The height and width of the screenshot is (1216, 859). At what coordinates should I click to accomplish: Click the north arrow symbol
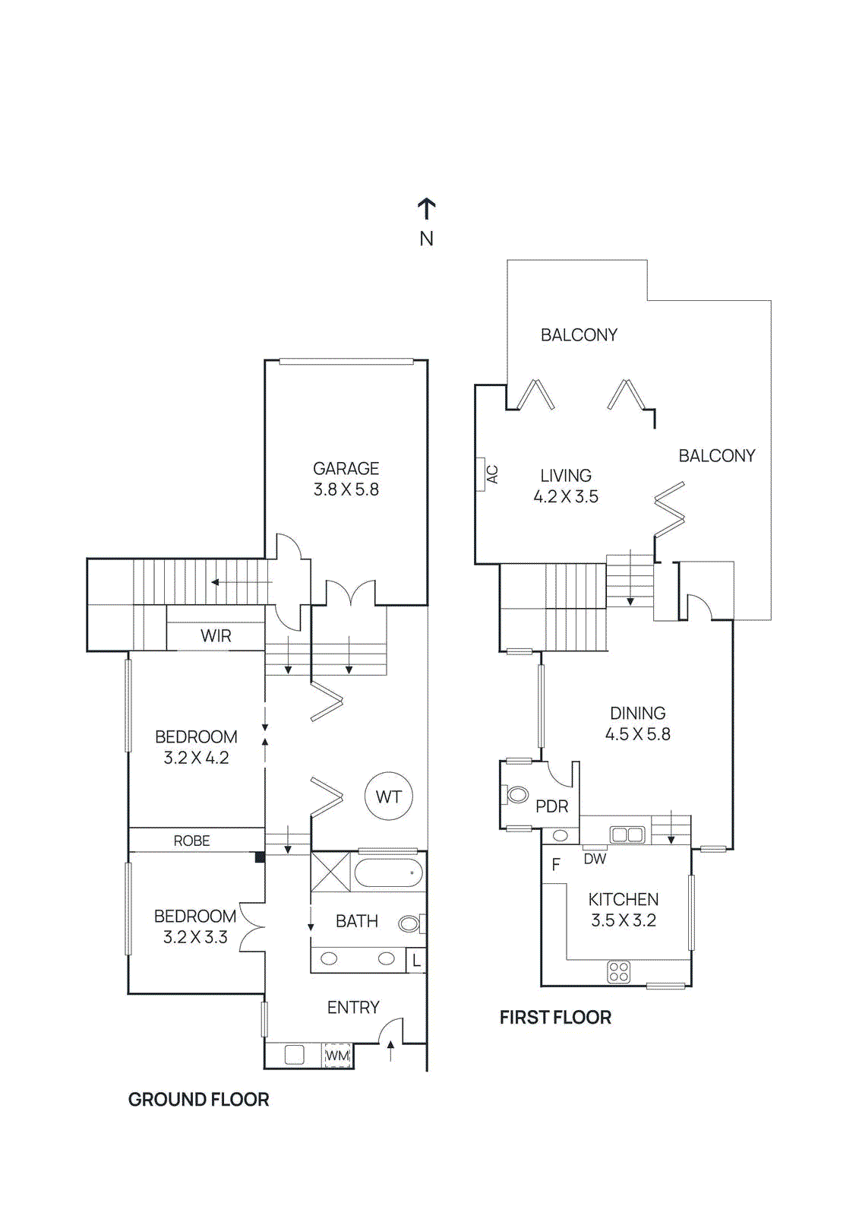[x=426, y=209]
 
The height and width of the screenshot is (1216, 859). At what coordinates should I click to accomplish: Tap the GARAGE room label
[x=346, y=469]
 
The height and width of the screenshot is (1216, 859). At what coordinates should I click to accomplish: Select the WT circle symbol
[x=388, y=796]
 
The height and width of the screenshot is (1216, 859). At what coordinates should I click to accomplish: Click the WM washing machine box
[x=337, y=1056]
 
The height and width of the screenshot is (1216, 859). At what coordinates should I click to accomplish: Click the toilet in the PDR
[x=516, y=795]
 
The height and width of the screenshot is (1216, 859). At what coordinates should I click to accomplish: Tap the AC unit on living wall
[x=481, y=474]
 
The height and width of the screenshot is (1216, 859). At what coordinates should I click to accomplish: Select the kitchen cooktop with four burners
[x=619, y=971]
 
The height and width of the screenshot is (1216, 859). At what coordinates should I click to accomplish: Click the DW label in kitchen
[x=595, y=859]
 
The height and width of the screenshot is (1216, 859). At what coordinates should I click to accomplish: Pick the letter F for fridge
[x=556, y=865]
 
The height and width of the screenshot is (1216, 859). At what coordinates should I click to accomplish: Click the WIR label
[x=216, y=636]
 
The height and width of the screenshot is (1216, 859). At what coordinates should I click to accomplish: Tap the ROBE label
[x=191, y=841]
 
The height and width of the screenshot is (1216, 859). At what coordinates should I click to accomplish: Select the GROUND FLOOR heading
[x=198, y=1100]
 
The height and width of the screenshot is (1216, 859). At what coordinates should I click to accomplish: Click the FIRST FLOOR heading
[x=555, y=1018]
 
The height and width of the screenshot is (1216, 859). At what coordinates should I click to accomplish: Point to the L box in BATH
[x=416, y=961]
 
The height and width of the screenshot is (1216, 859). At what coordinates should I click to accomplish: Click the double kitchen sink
[x=627, y=835]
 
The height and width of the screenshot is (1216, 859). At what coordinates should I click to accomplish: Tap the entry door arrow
[x=390, y=1050]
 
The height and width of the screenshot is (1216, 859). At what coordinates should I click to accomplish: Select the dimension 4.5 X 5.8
[x=637, y=734]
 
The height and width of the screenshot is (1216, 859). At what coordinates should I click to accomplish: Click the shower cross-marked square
[x=330, y=872]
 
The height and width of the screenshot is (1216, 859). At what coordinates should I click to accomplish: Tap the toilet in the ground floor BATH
[x=410, y=923]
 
